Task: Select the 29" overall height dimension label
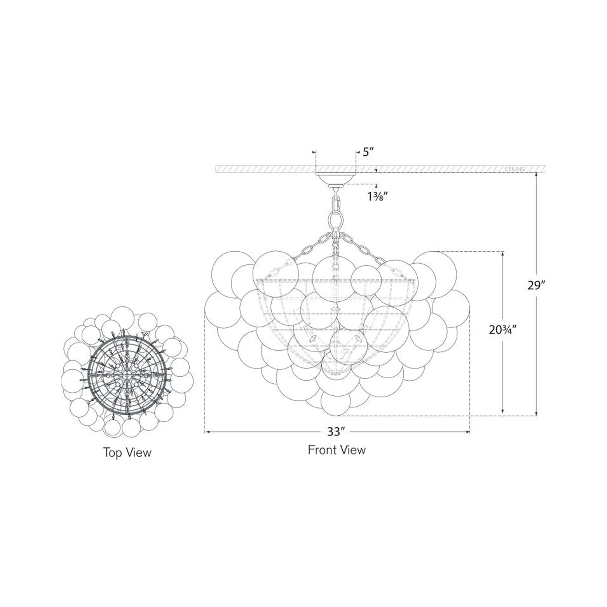(x=536, y=285)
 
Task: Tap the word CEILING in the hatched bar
(x=515, y=169)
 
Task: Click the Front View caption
(x=337, y=450)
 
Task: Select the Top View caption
(x=127, y=453)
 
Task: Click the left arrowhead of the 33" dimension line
(x=207, y=432)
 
